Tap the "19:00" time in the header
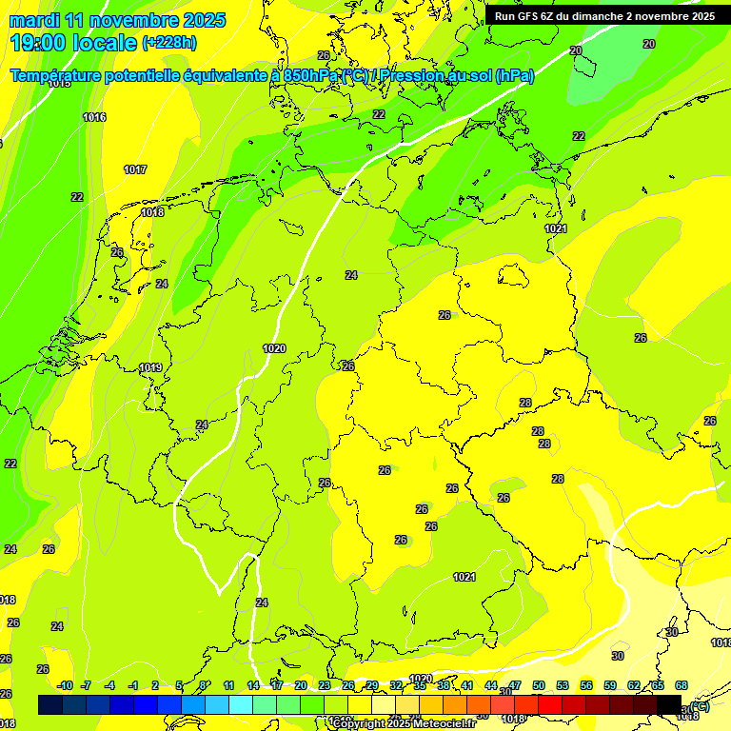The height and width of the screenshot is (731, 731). point(39,43)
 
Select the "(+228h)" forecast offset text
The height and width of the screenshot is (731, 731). point(169,43)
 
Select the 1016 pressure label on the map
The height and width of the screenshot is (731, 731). point(94,117)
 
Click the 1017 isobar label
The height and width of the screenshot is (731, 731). point(135,169)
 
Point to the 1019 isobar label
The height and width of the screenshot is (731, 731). point(150,367)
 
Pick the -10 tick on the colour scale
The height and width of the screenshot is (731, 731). point(65,685)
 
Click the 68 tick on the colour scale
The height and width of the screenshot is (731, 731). point(682,685)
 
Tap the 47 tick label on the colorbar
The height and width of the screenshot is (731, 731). point(515,685)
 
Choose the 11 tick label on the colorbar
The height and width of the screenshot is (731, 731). point(229,685)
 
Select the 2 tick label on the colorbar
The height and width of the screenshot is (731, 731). point(155,685)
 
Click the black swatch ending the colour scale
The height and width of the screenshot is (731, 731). point(669,704)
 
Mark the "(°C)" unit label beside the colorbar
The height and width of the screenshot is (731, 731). point(699,706)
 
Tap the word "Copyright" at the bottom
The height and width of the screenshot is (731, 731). point(358,723)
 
